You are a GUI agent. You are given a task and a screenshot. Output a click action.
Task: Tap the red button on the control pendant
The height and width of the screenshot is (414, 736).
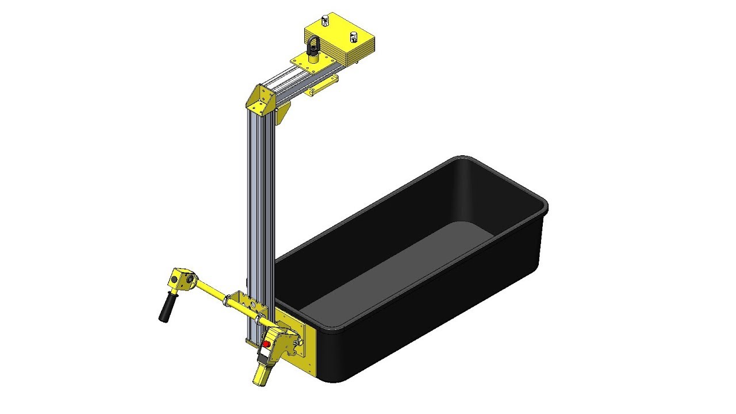267,343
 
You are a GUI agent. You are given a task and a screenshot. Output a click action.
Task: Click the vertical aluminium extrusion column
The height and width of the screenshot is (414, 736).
255,218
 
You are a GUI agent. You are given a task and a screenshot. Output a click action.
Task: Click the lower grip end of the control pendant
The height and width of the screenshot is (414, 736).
261,374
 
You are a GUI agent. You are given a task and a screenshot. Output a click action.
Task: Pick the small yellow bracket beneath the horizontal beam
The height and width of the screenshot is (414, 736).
320,87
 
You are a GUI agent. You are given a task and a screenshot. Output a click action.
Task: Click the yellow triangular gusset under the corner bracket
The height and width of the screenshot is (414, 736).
282,115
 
